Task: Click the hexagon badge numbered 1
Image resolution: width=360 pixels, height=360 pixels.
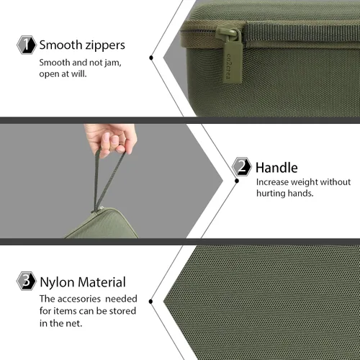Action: (x=27, y=45)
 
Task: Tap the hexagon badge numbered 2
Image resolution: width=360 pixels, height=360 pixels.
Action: (x=242, y=166)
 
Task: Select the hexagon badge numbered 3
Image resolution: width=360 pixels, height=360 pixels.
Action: (x=27, y=281)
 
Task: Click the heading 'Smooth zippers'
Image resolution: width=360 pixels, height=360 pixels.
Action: (x=82, y=45)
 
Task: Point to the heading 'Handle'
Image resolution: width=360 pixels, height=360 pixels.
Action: (x=276, y=168)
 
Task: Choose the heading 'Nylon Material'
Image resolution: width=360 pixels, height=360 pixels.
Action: (x=83, y=282)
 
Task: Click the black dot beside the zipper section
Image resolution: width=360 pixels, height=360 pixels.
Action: (x=151, y=58)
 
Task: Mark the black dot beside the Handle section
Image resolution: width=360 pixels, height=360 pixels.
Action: (x=237, y=181)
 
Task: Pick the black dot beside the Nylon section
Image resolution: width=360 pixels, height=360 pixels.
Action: (x=150, y=302)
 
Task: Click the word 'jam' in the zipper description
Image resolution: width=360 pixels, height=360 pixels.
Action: (x=112, y=63)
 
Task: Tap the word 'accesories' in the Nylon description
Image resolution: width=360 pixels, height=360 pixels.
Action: (x=79, y=299)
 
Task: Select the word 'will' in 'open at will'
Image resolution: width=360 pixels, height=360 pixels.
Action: (x=78, y=73)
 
